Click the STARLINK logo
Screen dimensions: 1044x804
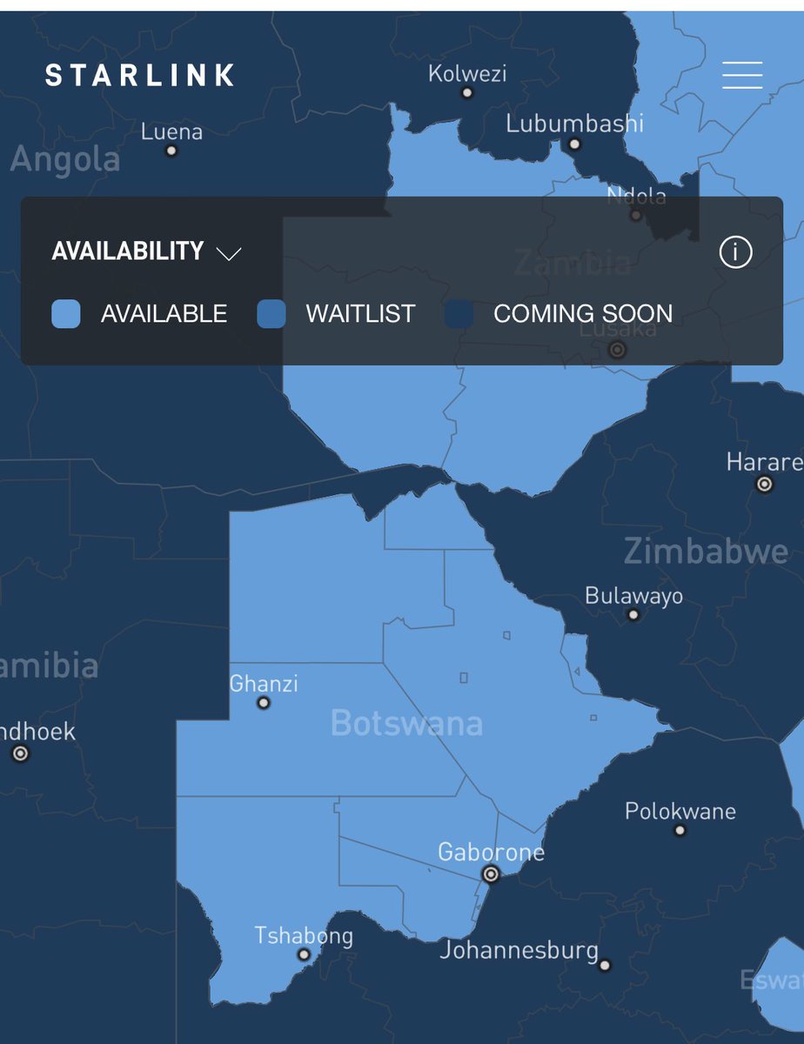click(140, 75)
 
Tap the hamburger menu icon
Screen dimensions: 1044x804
click(742, 75)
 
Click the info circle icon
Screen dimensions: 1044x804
click(735, 252)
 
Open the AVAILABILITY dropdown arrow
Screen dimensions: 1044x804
click(229, 253)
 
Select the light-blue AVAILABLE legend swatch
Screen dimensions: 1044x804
click(66, 313)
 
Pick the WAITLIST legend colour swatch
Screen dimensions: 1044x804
click(271, 313)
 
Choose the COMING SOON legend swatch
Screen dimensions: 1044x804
click(459, 313)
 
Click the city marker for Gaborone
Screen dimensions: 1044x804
click(491, 873)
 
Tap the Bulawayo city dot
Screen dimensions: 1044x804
click(633, 615)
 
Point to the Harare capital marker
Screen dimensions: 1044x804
click(765, 484)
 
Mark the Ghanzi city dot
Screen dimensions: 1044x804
click(264, 703)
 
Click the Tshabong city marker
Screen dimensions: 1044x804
click(304, 954)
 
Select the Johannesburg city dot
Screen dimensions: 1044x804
click(605, 965)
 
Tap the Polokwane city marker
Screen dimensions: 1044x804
click(680, 830)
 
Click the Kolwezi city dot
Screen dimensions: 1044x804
click(467, 92)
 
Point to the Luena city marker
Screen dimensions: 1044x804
click(171, 151)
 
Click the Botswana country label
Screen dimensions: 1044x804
click(406, 724)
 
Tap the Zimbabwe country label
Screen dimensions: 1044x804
click(706, 552)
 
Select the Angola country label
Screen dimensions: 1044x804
click(65, 160)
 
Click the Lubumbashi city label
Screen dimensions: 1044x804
click(575, 124)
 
